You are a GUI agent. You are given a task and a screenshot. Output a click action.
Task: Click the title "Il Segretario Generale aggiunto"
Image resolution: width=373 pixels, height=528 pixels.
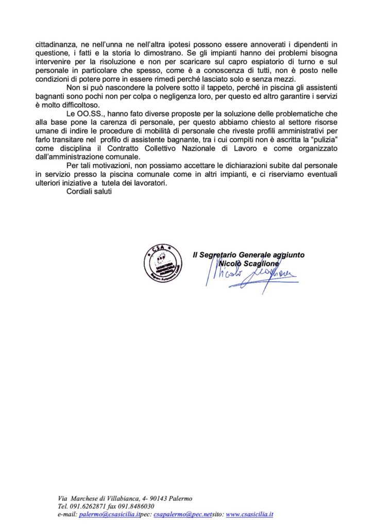pyautogui.click(x=248, y=255)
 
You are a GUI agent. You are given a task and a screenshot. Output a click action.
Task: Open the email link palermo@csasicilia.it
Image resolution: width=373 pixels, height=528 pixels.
pyautogui.click(x=108, y=515)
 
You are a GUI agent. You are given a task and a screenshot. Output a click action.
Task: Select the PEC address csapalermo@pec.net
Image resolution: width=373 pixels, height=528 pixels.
pyautogui.click(x=183, y=515)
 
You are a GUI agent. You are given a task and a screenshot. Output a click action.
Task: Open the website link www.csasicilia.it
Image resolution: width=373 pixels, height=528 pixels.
pyautogui.click(x=249, y=515)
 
